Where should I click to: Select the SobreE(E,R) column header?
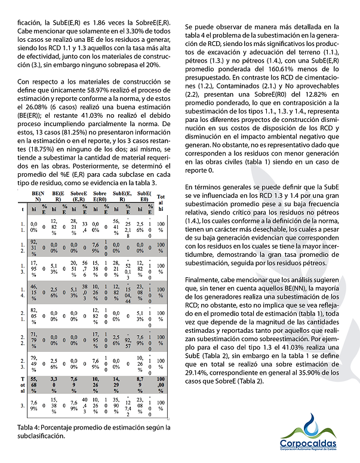(x=78, y=197)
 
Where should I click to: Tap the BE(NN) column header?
(x=37, y=197)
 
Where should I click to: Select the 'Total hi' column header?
(x=161, y=200)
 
